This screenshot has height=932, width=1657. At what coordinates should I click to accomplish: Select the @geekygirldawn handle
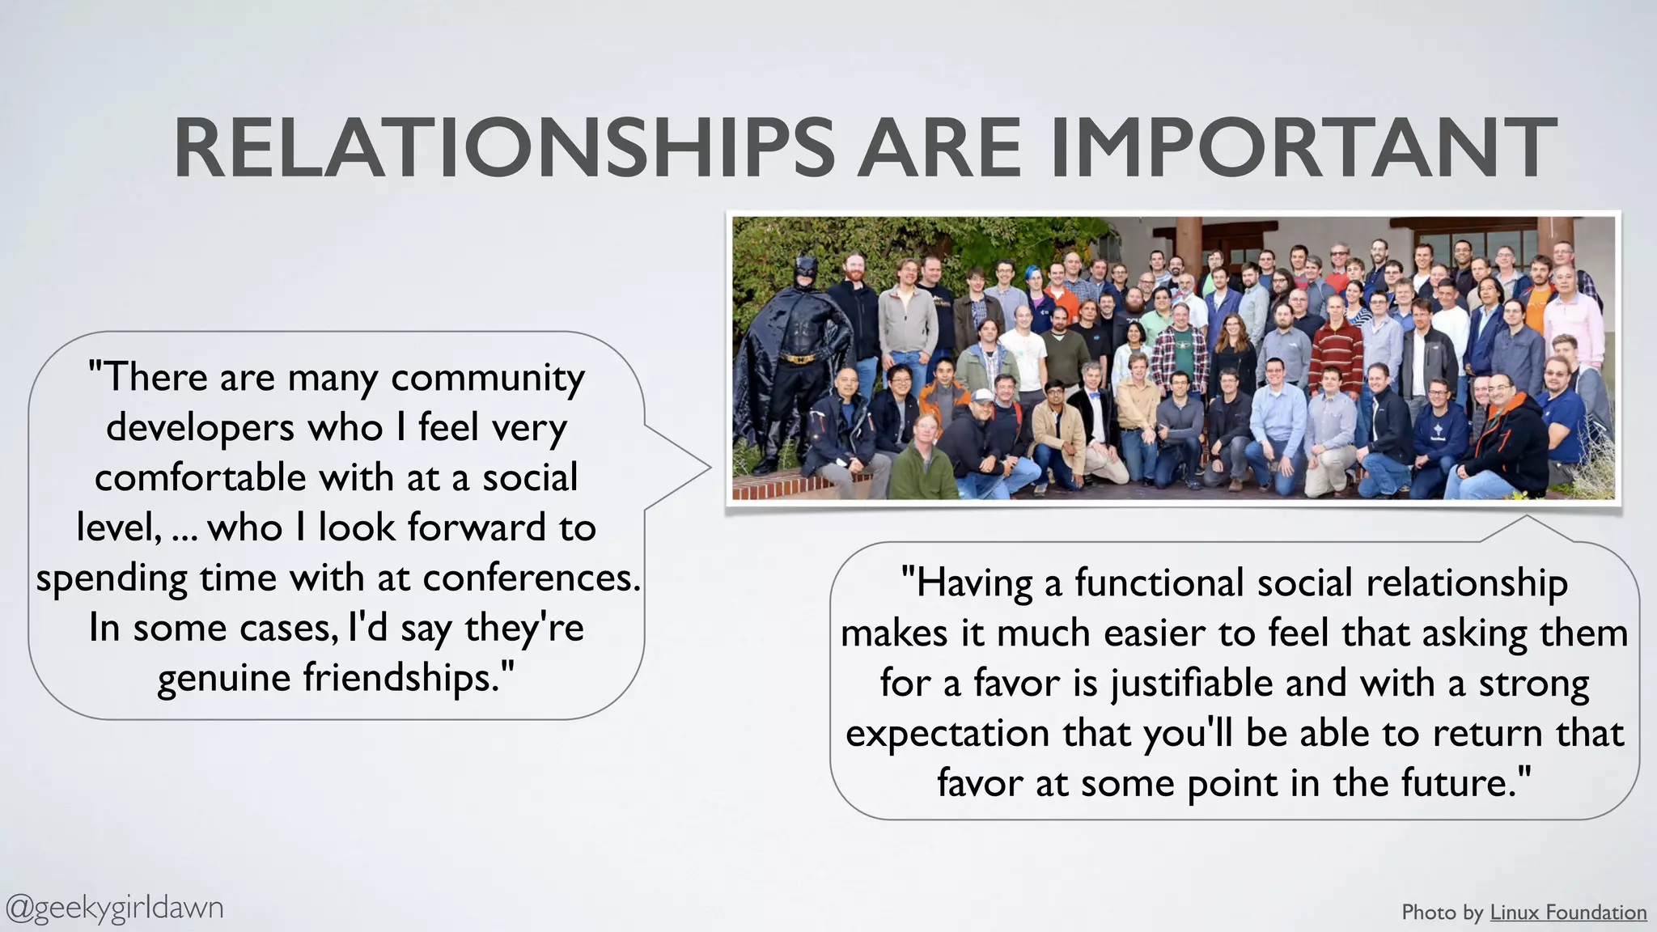114,908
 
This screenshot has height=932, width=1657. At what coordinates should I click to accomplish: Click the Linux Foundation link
1567,913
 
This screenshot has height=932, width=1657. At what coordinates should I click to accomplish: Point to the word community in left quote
488,378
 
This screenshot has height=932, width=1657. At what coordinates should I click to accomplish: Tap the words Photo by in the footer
1443,913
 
